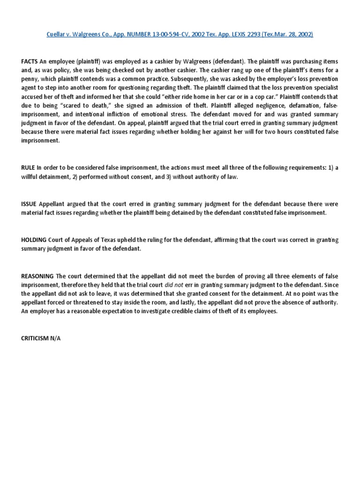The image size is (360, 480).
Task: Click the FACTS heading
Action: (x=30, y=62)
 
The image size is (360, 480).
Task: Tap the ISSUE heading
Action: (x=29, y=204)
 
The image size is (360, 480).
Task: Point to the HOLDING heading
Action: (x=33, y=240)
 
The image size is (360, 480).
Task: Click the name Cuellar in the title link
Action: (x=57, y=34)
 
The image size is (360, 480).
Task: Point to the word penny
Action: (x=30, y=80)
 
